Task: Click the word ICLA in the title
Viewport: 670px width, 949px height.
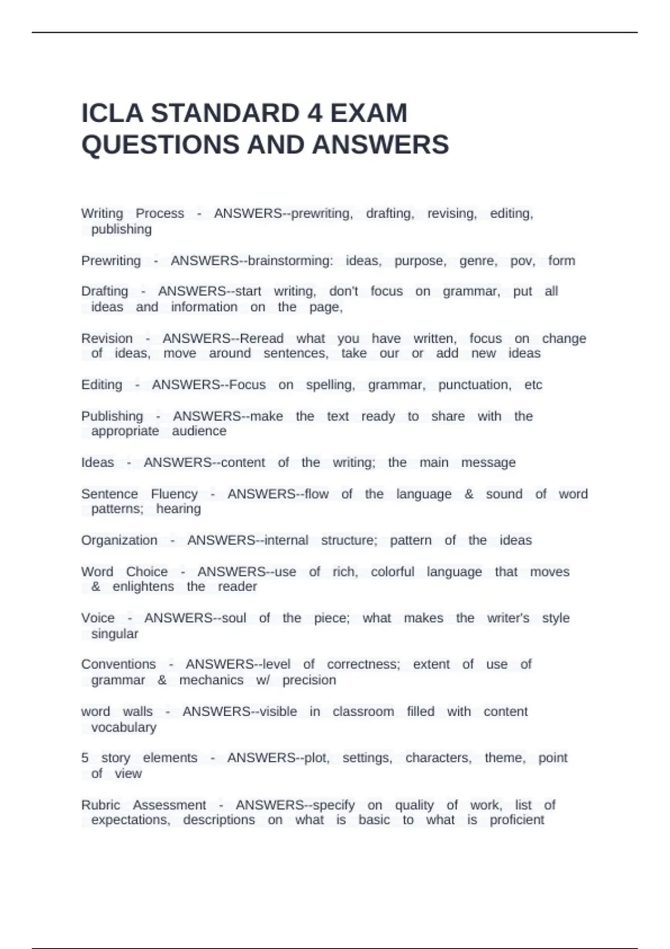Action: [112, 113]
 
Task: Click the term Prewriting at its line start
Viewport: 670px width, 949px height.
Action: [111, 261]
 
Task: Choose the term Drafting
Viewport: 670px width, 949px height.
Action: [104, 291]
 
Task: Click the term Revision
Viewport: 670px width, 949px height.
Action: [107, 338]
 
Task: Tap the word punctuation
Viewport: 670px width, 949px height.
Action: [474, 385]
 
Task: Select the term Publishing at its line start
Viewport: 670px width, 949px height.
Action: [112, 416]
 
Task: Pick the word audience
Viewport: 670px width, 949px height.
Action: [199, 431]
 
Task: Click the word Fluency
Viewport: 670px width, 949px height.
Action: [174, 494]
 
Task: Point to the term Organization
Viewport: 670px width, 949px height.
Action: [119, 540]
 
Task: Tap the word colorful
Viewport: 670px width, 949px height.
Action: [393, 572]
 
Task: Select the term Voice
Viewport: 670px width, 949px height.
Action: [98, 618]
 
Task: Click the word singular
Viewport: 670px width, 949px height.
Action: [114, 634]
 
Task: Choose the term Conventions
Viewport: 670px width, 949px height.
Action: [118, 664]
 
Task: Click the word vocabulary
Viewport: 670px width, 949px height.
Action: [123, 727]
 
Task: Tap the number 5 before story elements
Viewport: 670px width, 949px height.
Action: [85, 758]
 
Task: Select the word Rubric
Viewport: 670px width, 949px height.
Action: [100, 805]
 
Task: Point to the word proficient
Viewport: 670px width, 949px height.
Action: [516, 819]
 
